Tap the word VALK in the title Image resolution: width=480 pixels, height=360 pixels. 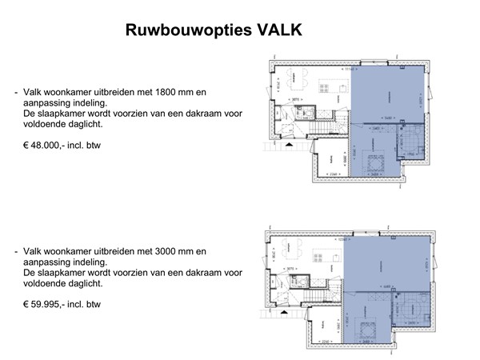click(279, 30)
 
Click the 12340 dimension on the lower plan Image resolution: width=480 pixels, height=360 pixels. click(344, 240)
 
